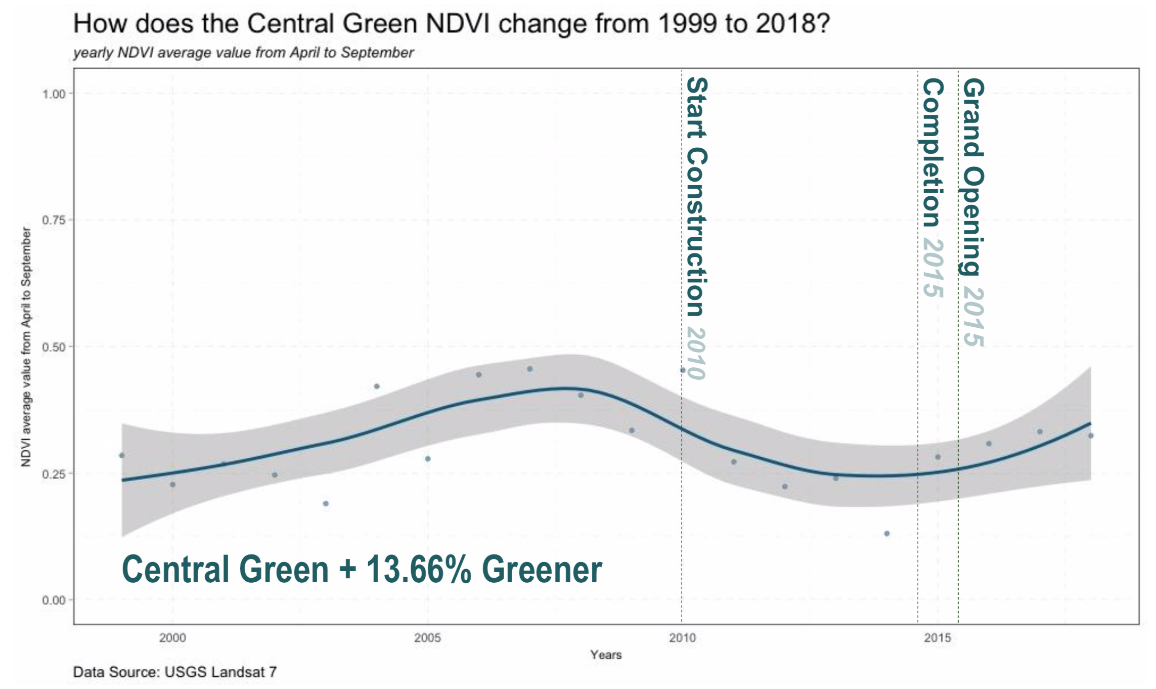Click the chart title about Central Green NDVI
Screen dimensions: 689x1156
tap(451, 23)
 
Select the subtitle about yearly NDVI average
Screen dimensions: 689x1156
tap(243, 53)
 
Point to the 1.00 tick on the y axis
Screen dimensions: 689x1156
tap(54, 94)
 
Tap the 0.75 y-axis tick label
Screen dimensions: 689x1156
tap(54, 221)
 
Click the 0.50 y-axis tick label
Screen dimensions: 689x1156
tap(54, 347)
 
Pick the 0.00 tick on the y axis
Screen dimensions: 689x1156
tap(54, 600)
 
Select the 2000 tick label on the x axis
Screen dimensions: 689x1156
tap(172, 638)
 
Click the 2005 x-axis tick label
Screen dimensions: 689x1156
tap(428, 638)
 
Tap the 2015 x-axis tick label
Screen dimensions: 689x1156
tap(938, 638)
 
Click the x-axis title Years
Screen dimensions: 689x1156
tap(606, 655)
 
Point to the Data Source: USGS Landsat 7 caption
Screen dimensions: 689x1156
tap(175, 672)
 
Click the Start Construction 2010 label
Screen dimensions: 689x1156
tap(697, 228)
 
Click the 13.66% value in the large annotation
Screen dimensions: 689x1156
tap(419, 570)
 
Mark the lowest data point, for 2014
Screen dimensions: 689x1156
tap(886, 534)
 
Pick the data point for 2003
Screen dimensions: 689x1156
tap(326, 503)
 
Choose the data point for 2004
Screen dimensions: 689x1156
tap(377, 386)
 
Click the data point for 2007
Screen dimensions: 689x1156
tap(530, 369)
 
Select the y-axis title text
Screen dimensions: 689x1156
tap(26, 347)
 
